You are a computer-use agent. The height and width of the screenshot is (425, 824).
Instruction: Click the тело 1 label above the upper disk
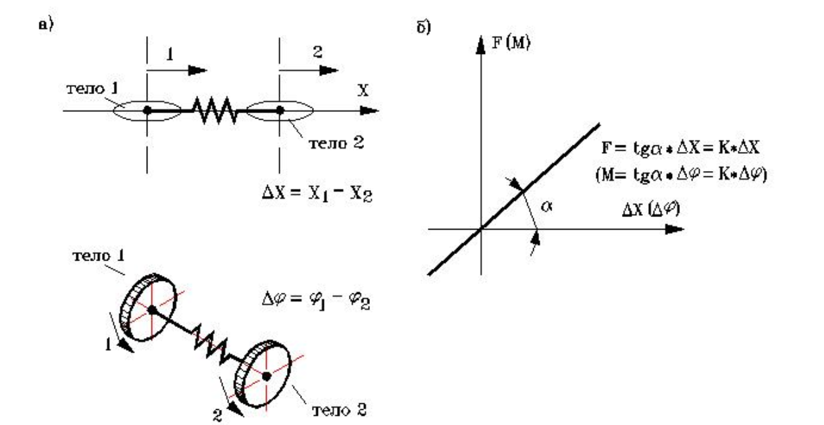[91, 253]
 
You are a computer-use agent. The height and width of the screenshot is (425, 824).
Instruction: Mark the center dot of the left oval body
[147, 111]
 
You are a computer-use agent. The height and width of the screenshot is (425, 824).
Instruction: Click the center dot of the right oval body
[280, 111]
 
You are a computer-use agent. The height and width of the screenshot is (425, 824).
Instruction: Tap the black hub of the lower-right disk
[266, 376]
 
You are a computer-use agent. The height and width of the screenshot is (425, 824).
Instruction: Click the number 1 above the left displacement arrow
[170, 57]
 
